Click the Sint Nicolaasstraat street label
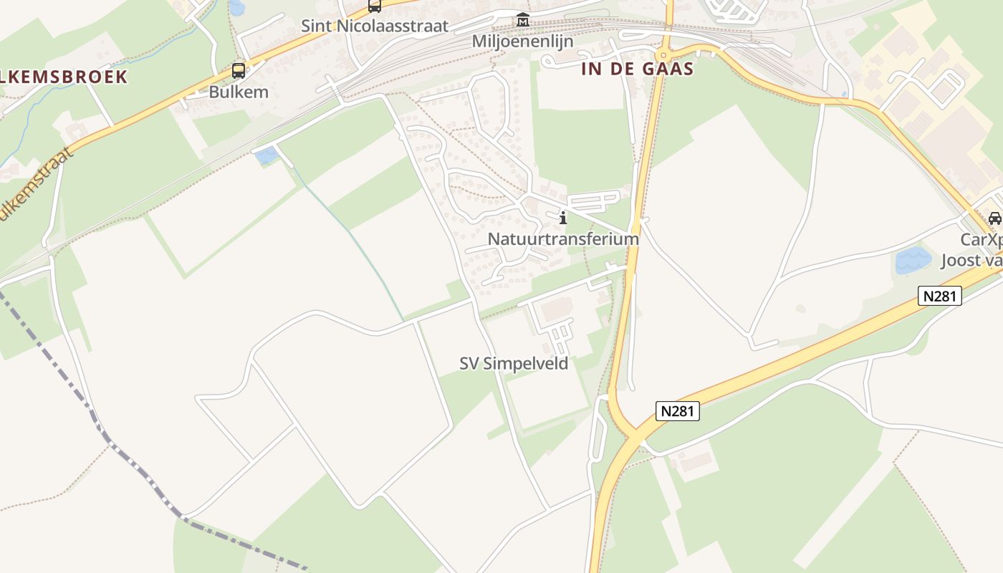pyautogui.click(x=375, y=27)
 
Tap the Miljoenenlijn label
pyautogui.click(x=523, y=42)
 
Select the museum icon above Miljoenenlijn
pyautogui.click(x=523, y=20)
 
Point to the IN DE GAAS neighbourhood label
pyautogui.click(x=638, y=69)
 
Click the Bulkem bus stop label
pyautogui.click(x=239, y=92)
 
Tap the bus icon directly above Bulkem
pyautogui.click(x=239, y=71)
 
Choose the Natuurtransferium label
pyautogui.click(x=563, y=239)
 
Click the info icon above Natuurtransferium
pyautogui.click(x=563, y=218)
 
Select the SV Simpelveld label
pyautogui.click(x=514, y=364)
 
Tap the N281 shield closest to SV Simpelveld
pyautogui.click(x=677, y=411)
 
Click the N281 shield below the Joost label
pyautogui.click(x=939, y=295)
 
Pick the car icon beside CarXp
pyautogui.click(x=994, y=218)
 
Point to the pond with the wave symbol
pyautogui.click(x=913, y=259)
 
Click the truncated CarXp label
pyautogui.click(x=982, y=239)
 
